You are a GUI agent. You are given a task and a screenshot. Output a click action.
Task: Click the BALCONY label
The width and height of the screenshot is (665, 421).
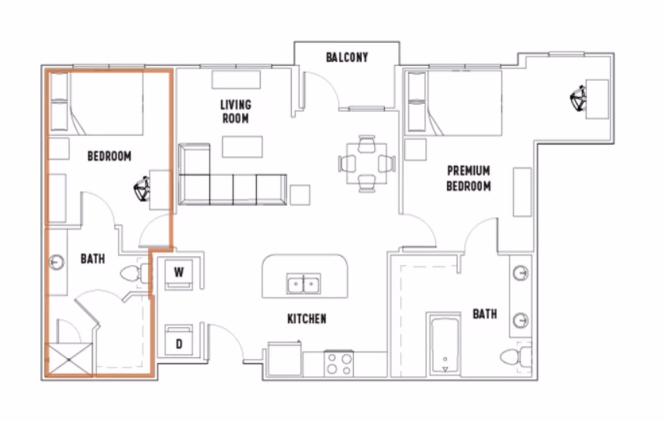pyautogui.click(x=346, y=57)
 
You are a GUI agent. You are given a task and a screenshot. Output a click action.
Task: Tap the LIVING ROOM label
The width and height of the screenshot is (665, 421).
pyautogui.click(x=235, y=112)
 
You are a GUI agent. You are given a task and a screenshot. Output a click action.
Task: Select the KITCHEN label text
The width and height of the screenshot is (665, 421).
pyautogui.click(x=306, y=319)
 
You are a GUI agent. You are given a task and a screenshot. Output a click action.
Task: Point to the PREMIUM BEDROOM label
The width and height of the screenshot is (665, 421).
pyautogui.click(x=468, y=178)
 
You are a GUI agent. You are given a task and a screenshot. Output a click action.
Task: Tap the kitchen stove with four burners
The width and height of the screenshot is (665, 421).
pyautogui.click(x=339, y=364)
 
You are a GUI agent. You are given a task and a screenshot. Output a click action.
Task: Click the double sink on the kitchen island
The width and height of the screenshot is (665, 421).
pyautogui.click(x=304, y=284)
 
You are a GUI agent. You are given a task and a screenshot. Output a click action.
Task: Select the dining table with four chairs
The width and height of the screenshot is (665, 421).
pyautogui.click(x=366, y=164)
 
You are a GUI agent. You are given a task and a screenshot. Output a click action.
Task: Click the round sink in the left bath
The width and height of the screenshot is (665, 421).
pyautogui.click(x=57, y=262)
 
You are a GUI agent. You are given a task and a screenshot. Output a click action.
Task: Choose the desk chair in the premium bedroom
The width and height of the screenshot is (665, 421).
pyautogui.click(x=578, y=99)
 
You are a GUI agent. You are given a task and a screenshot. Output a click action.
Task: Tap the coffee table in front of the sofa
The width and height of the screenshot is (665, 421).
pyautogui.click(x=242, y=146)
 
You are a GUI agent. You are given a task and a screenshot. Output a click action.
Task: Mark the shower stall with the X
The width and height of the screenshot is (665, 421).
pyautogui.click(x=70, y=359)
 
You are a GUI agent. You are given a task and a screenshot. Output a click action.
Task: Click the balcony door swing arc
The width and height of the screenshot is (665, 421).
pyautogui.click(x=322, y=87)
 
